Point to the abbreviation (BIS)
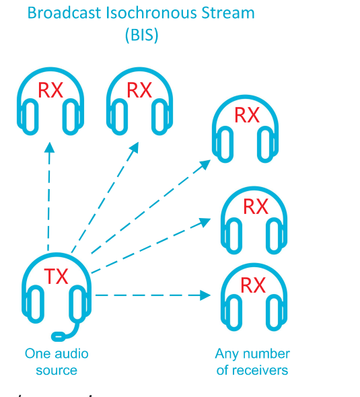click(x=141, y=35)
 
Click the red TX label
click(x=57, y=277)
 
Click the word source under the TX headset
click(x=57, y=370)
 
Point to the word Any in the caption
click(x=227, y=353)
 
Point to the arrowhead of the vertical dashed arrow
click(x=48, y=147)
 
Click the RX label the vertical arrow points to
click(x=50, y=90)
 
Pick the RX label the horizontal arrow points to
click(x=253, y=285)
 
